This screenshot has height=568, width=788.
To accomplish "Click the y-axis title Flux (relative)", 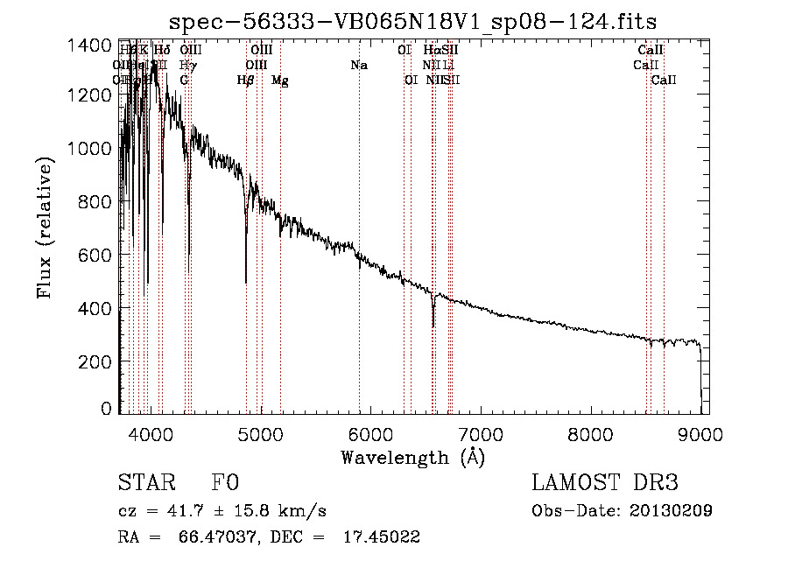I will pyautogui.click(x=46, y=228).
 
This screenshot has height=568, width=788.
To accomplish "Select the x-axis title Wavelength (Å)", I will pyautogui.click(x=412, y=457).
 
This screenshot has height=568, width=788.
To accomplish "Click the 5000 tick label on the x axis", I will pyautogui.click(x=261, y=433).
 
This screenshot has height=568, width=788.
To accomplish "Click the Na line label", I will pyautogui.click(x=358, y=66).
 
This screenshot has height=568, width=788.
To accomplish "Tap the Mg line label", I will pyautogui.click(x=279, y=81).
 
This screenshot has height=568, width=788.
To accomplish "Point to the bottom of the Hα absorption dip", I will pyautogui.click(x=433, y=326).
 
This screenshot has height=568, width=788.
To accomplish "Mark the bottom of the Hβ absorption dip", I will pyautogui.click(x=246, y=282).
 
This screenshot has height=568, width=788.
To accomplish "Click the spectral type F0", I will pyautogui.click(x=225, y=484).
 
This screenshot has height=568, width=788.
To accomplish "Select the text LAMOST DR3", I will pyautogui.click(x=605, y=484).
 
